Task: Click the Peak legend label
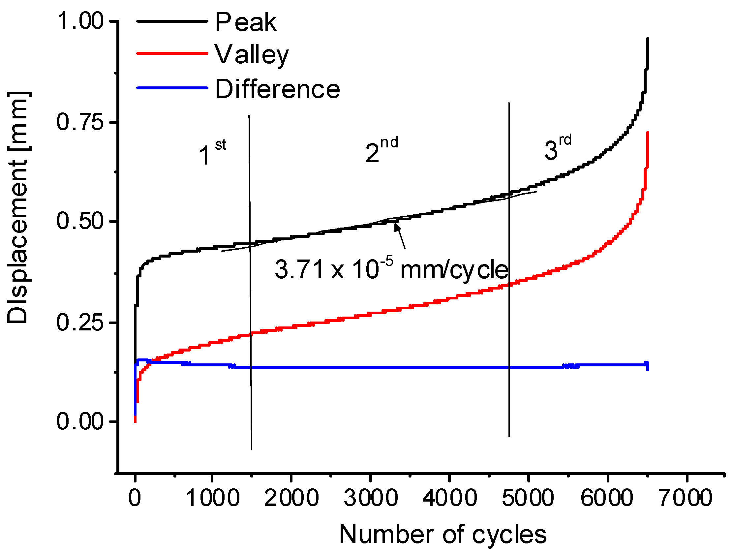tap(246, 22)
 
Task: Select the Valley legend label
tap(252, 55)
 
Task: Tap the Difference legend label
tap(277, 89)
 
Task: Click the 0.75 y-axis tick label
tap(80, 122)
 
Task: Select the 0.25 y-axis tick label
tap(80, 322)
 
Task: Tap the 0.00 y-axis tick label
tap(80, 421)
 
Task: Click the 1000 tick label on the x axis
tap(212, 498)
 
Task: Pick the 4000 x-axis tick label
tap(449, 498)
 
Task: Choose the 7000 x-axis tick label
tap(686, 498)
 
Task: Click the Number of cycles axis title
tap(443, 535)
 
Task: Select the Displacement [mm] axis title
tap(18, 207)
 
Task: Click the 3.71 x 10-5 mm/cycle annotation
tap(391, 269)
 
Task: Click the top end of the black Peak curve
tap(647, 39)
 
